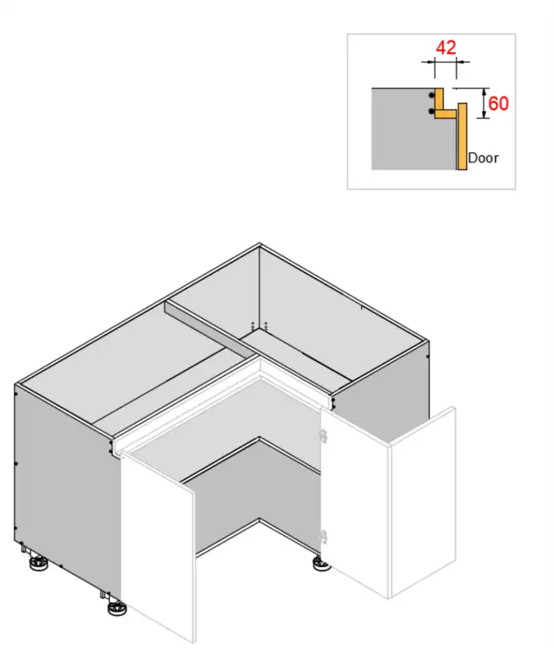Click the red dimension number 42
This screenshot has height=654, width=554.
[446, 47]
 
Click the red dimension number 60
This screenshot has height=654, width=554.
[498, 104]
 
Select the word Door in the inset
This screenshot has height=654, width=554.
[483, 158]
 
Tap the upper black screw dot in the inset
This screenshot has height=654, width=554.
[432, 94]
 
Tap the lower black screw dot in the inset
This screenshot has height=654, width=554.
[432, 112]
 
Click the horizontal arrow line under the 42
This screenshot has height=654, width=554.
[446, 62]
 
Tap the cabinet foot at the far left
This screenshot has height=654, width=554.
[36, 565]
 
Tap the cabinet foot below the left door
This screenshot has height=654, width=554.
[116, 608]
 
